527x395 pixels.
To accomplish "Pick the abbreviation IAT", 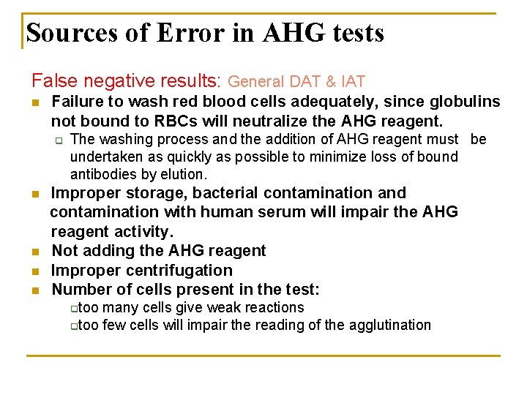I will (x=351, y=83).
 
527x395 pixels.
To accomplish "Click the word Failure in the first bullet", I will (x=78, y=102).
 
